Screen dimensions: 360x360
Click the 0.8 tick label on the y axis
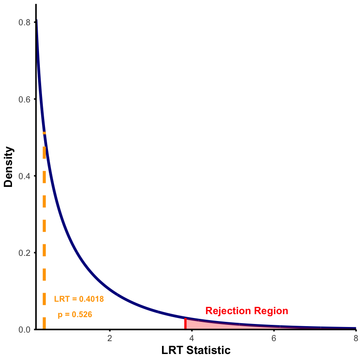point(24,22)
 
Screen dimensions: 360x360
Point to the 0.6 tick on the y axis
point(24,99)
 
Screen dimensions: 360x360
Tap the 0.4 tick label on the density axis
point(24,176)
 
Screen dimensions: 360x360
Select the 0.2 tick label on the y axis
point(24,252)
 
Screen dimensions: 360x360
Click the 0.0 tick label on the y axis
point(24,329)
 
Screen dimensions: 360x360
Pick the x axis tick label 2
point(110,338)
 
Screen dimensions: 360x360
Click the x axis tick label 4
point(192,338)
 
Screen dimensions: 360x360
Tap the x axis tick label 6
point(274,338)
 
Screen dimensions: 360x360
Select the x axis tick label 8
point(356,338)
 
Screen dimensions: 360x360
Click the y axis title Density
point(9,167)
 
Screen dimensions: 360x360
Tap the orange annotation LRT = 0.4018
point(79,299)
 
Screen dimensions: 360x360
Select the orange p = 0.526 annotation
point(75,315)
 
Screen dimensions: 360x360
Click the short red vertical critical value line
point(185,324)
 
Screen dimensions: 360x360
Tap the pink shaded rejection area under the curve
point(201,325)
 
